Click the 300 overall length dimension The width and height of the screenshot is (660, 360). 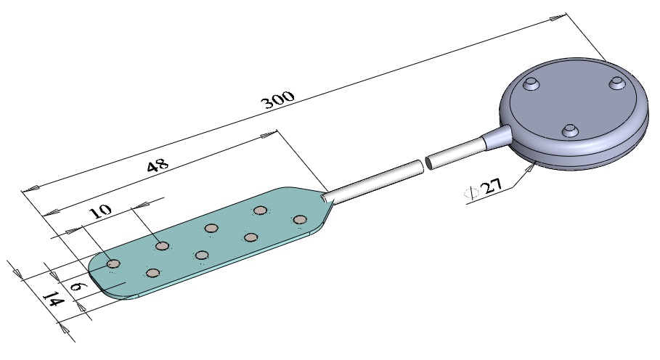tap(278, 99)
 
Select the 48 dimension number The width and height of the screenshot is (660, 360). tap(158, 165)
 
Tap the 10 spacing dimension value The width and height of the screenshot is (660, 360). tap(101, 210)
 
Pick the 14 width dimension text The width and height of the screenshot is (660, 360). tap(54, 300)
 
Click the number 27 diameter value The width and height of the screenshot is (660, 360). tap(492, 185)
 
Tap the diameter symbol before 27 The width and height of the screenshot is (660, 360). tap(471, 192)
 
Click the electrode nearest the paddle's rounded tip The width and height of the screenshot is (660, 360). tap(113, 263)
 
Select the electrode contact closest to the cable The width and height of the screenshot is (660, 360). tap(299, 219)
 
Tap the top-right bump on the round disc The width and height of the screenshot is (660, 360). tap(616, 82)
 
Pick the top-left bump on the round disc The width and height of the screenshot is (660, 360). tap(531, 83)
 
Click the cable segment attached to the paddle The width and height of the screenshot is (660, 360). tap(373, 181)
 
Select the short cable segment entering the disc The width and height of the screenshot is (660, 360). tap(455, 154)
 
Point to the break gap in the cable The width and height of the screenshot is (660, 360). tap(425, 163)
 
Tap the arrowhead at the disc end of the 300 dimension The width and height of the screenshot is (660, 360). tap(558, 17)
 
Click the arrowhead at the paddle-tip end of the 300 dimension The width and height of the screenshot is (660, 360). tap(30, 189)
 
